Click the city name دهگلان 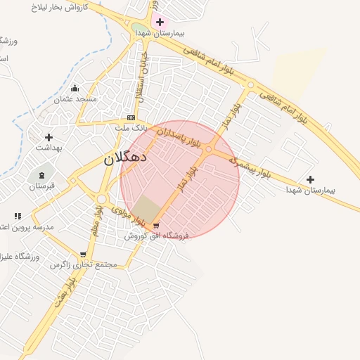pyautogui.click(x=126, y=157)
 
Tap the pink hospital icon pyautogui.click(x=160, y=22)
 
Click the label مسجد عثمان pyautogui.click(x=77, y=99)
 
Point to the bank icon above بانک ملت pyautogui.click(x=131, y=117)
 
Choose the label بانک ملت pyautogui.click(x=131, y=128)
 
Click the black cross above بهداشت pyautogui.click(x=49, y=137)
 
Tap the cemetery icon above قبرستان pyautogui.click(x=41, y=175)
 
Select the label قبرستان pyautogui.click(x=41, y=186)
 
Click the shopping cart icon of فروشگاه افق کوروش pyautogui.click(x=156, y=226)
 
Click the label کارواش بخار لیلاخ pyautogui.click(x=63, y=6)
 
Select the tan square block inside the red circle pyautogui.click(x=147, y=208)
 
